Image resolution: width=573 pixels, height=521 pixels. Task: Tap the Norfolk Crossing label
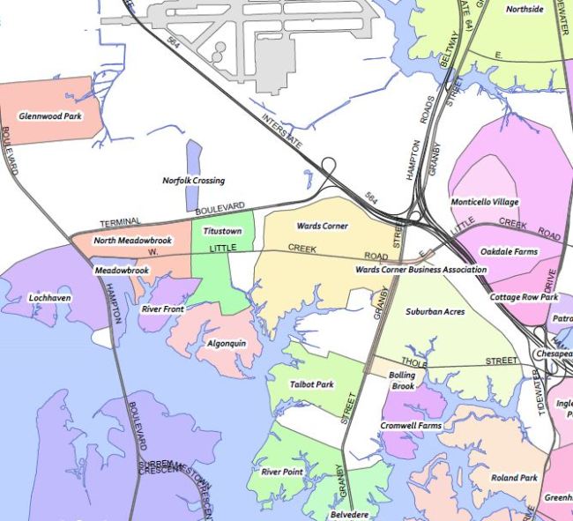(x=194, y=181)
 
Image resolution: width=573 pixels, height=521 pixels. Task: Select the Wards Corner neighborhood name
(x=322, y=227)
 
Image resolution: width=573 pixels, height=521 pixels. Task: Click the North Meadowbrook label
(x=133, y=241)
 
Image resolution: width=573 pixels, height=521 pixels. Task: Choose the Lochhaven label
(x=49, y=298)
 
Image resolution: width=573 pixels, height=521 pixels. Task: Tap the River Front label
(x=162, y=309)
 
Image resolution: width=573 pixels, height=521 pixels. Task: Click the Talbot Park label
(x=311, y=384)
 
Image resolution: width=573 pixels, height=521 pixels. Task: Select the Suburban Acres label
(x=435, y=311)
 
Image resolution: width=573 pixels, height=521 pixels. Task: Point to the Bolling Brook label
(x=402, y=381)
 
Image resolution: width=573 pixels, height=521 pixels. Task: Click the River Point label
(x=282, y=472)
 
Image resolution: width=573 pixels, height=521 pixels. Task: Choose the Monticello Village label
(x=485, y=202)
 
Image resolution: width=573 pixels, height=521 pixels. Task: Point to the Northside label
(x=525, y=10)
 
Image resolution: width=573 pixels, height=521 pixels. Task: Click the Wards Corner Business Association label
(x=420, y=270)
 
